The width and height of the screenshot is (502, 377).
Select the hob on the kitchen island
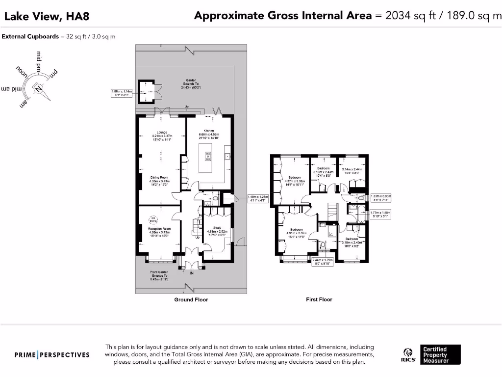point(208,156)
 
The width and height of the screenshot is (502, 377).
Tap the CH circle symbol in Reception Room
point(153,219)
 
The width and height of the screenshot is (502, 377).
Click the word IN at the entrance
point(192,273)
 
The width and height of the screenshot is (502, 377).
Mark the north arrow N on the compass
point(38,89)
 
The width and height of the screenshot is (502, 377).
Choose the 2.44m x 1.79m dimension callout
point(323,262)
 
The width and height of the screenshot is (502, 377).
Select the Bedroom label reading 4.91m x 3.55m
point(296,233)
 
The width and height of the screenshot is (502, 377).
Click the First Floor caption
point(319,299)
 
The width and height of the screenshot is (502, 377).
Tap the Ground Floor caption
point(191,299)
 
